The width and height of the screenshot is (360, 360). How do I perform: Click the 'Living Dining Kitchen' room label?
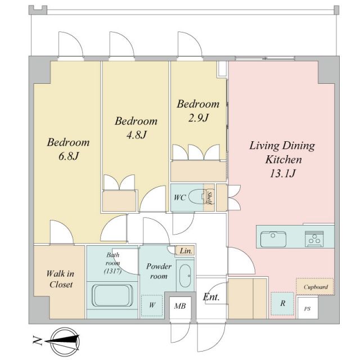coord(282,152)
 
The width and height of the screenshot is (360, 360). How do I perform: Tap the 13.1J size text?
coord(282,173)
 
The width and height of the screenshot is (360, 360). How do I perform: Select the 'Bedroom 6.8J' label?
coord(67,148)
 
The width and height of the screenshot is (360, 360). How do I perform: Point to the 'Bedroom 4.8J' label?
coord(136,128)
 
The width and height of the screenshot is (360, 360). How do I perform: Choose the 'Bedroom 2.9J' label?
coord(198,111)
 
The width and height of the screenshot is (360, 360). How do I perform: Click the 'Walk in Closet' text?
coord(60,279)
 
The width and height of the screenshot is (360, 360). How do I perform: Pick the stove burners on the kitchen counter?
coord(313,238)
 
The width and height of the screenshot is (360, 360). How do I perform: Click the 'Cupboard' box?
coord(315,287)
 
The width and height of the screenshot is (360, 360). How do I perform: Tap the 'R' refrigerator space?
coord(282,304)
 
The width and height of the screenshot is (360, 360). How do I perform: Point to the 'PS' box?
coord(307,309)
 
